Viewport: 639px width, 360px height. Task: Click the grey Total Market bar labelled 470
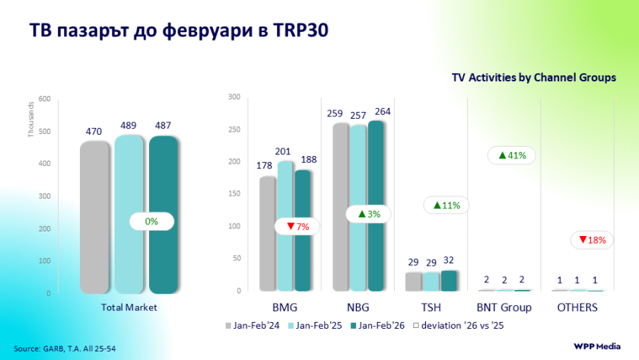(94, 217)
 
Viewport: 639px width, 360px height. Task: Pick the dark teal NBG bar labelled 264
(376, 205)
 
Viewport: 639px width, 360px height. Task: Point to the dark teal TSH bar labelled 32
(449, 281)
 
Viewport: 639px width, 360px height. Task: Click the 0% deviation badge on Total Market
(151, 221)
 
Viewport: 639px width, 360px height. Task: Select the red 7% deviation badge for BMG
(297, 227)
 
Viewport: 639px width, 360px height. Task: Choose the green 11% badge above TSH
(447, 205)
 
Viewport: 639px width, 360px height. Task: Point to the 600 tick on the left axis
(44, 99)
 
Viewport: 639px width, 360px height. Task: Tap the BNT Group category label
(504, 307)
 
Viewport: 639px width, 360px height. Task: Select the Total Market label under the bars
(129, 307)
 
